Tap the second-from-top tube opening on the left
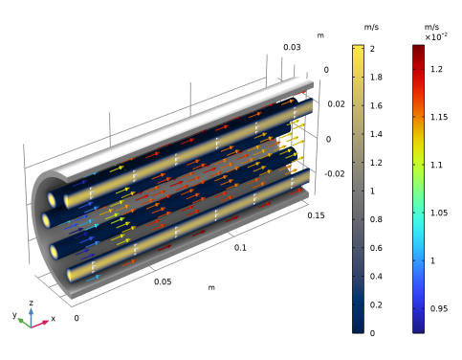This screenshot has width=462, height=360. [x=46, y=221]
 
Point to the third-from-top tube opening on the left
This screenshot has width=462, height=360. [x=54, y=252]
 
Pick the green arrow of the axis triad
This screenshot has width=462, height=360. [x=22, y=321]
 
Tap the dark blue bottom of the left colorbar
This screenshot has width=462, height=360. [x=358, y=326]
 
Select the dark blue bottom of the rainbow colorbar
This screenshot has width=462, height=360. [x=418, y=326]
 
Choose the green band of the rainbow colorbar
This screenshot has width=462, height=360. [x=418, y=191]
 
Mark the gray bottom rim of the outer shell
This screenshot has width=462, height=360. [x=191, y=254]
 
